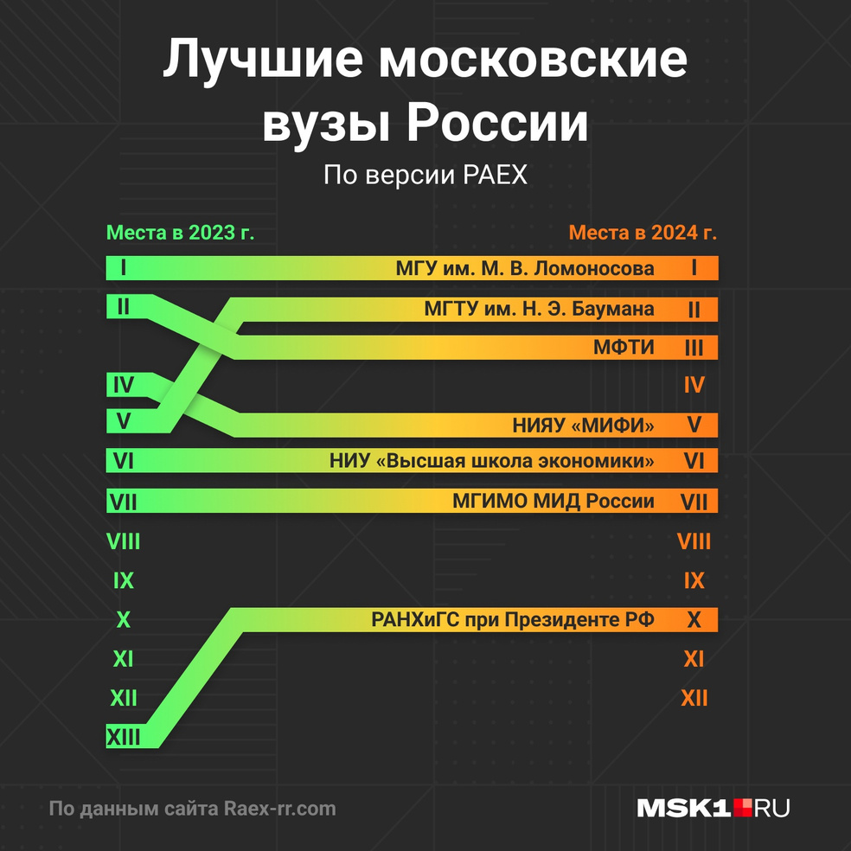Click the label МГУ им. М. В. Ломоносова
pos(525,268)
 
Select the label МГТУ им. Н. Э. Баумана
pos(539,309)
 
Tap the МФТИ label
pos(623,348)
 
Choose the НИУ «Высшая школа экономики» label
pos(491,461)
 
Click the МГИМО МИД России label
pos(553,502)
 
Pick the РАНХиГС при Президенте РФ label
pos(513,620)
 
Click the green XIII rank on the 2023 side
pos(123,737)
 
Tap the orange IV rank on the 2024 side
pos(694,386)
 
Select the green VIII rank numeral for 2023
pos(123,542)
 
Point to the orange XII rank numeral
pos(694,698)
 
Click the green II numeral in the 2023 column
pos(123,307)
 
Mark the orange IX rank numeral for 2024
pos(694,580)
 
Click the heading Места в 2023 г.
pos(180,234)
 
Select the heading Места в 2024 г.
pos(643,234)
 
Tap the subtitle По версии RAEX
pos(425,176)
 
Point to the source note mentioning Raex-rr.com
pos(192,809)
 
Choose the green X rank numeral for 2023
pos(123,620)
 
